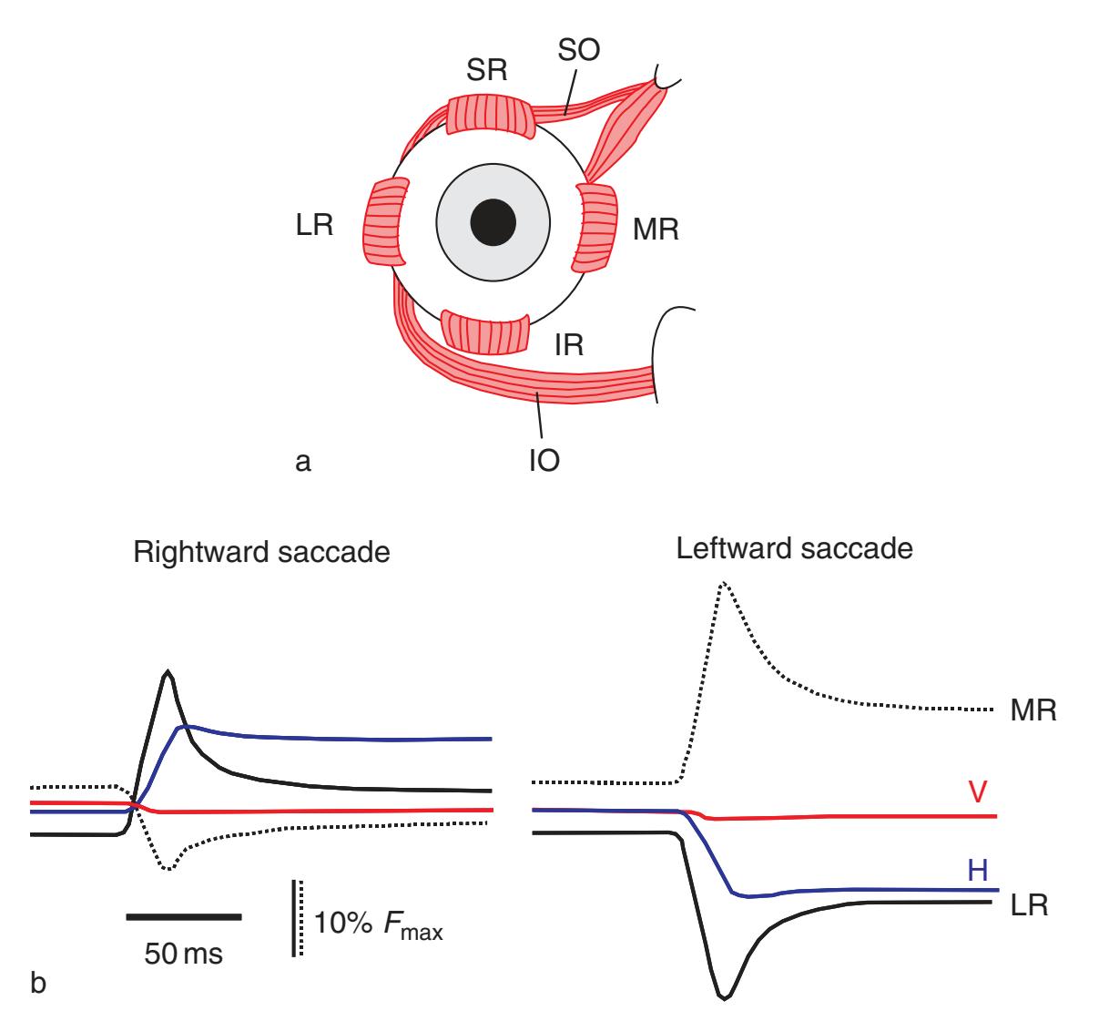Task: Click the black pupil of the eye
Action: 493,221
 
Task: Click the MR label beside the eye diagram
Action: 656,230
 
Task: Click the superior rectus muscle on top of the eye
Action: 488,116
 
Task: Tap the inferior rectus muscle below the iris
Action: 484,332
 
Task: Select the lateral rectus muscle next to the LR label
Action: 385,224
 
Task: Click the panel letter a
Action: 303,462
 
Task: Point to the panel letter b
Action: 37,983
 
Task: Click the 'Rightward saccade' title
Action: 261,553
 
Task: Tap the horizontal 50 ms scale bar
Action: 183,916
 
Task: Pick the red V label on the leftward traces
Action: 978,791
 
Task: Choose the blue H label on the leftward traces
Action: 979,870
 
